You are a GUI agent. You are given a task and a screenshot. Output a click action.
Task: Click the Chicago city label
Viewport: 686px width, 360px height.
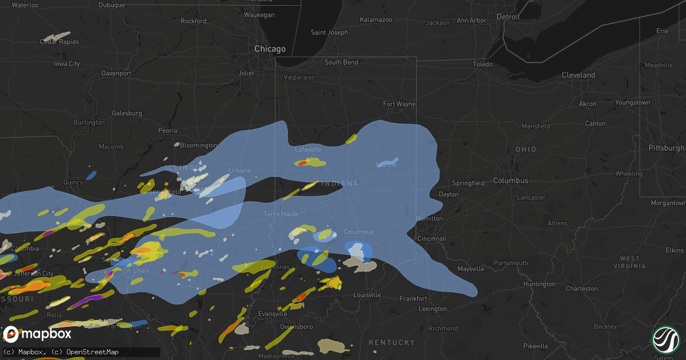[270, 49]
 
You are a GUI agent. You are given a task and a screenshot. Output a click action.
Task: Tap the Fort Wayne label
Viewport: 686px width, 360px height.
[399, 104]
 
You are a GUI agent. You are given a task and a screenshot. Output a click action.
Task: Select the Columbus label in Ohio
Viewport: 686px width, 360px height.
[510, 181]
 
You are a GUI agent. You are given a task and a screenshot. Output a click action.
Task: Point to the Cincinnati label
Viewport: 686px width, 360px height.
[432, 238]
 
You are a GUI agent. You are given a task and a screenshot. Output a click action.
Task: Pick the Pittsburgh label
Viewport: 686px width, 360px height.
[666, 148]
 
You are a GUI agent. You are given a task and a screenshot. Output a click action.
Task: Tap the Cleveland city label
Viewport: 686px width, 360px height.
[578, 75]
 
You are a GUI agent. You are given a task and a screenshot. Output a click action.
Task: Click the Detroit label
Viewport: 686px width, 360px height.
[508, 17]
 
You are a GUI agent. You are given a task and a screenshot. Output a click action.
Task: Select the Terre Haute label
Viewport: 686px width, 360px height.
[281, 214]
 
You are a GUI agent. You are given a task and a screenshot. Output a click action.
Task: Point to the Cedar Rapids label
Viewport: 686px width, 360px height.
[59, 42]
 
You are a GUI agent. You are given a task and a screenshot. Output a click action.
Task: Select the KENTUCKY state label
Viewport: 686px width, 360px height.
[392, 342]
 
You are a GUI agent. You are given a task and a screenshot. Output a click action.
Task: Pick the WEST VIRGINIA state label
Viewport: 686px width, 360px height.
[629, 263]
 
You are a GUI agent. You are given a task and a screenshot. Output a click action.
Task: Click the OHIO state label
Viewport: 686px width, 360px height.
[525, 149]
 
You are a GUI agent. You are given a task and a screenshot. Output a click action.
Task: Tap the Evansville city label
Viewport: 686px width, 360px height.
[273, 314]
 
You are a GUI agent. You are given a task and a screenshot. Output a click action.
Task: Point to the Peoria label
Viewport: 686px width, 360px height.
[167, 130]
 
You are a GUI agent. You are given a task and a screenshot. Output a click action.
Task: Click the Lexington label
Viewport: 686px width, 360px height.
[433, 309]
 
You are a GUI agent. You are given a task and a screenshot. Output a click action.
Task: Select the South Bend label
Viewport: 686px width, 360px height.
[341, 62]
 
